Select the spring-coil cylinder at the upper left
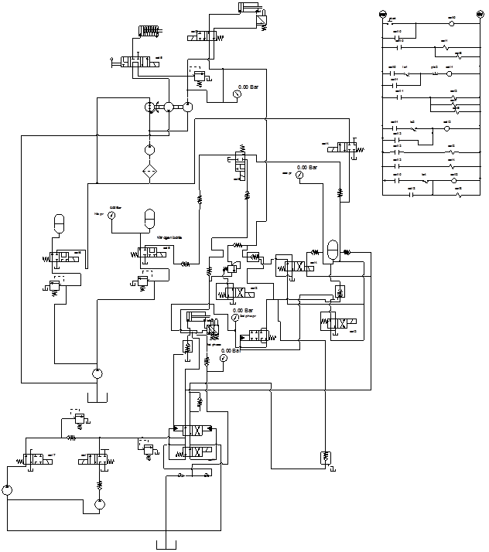148,31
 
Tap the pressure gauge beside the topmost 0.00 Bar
237,94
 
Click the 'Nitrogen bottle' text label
169,237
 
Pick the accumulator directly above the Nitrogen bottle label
150,219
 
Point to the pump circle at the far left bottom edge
6,490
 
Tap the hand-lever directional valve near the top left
136,61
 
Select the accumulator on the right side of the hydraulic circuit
332,249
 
